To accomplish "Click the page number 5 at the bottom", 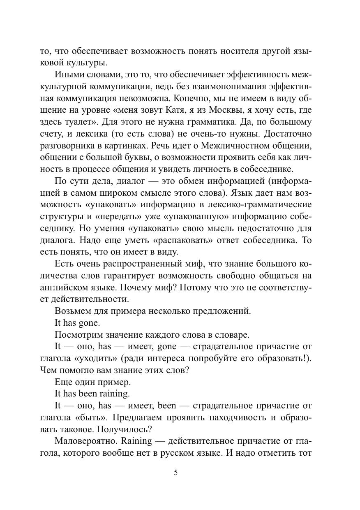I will (176, 473).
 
